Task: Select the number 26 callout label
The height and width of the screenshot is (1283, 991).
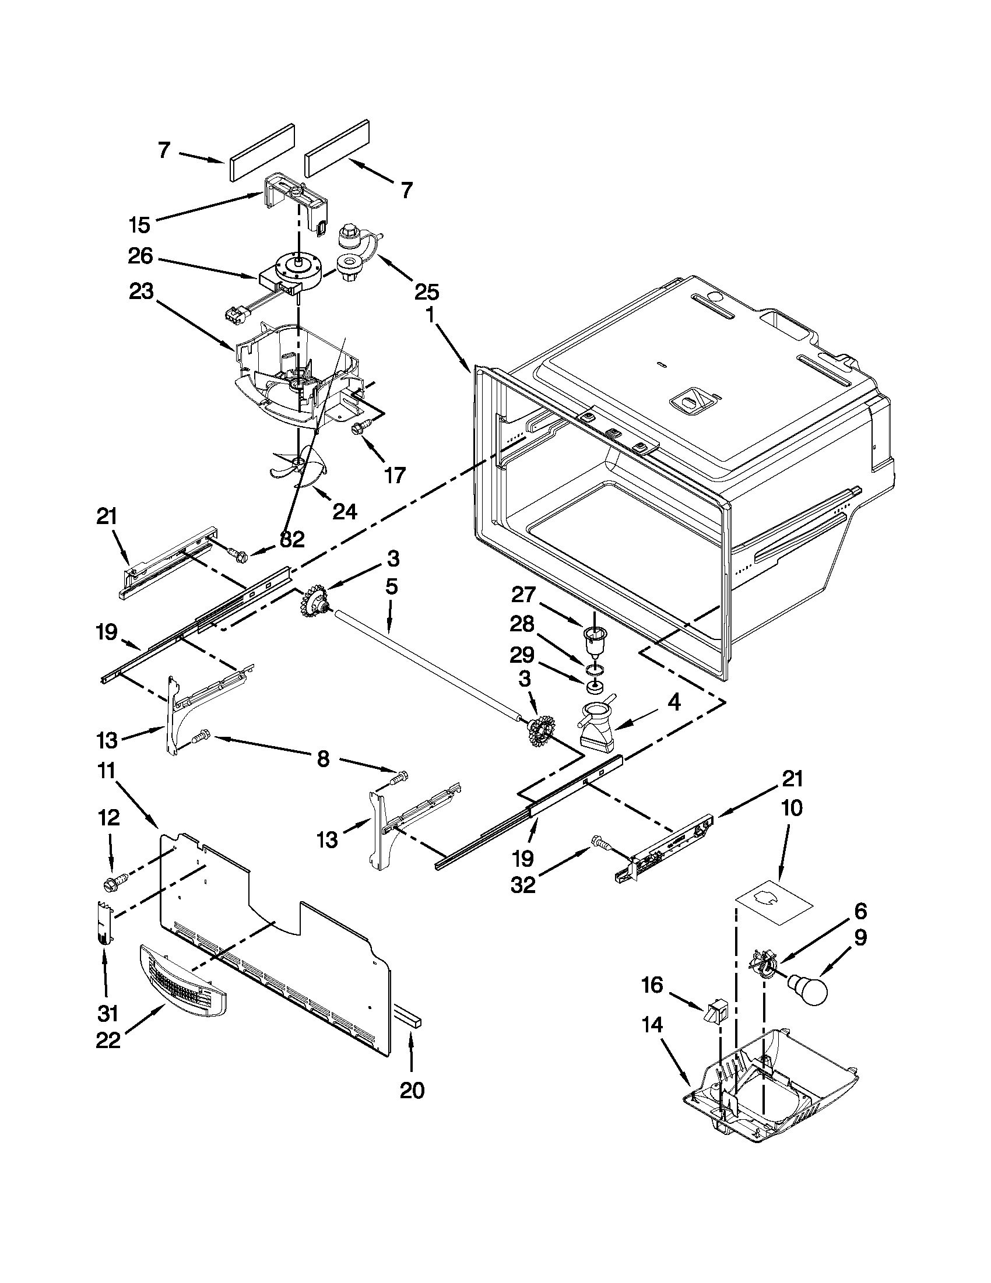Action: pyautogui.click(x=140, y=256)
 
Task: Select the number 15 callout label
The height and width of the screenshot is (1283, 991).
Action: pyautogui.click(x=140, y=224)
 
